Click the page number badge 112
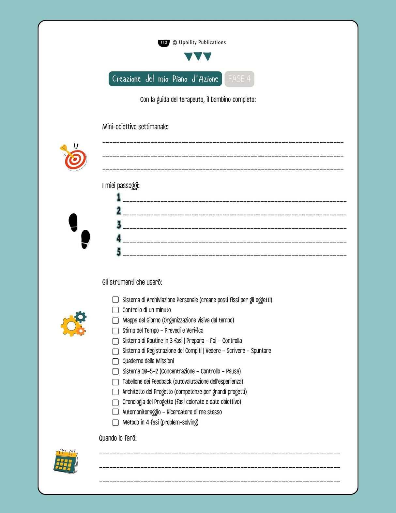coord(164,43)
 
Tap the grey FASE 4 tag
coord(239,79)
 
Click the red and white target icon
coord(75,159)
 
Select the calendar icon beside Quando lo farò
coord(66,461)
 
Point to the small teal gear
coord(81,317)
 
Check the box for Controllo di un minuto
coord(115,310)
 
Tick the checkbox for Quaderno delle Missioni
coord(115,361)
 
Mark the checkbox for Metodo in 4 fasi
coord(115,423)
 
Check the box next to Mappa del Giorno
coord(115,320)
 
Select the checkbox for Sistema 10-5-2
coord(115,371)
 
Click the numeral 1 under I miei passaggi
coord(119,197)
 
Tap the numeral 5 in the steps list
coord(119,252)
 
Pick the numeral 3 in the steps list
coord(119,225)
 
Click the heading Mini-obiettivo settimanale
coord(135,127)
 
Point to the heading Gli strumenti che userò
coord(132,282)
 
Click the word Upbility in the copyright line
coord(188,42)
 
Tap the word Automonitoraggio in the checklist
coord(141,412)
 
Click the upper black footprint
coord(73,222)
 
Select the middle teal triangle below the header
coord(198,56)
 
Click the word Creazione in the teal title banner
coord(127,79)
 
